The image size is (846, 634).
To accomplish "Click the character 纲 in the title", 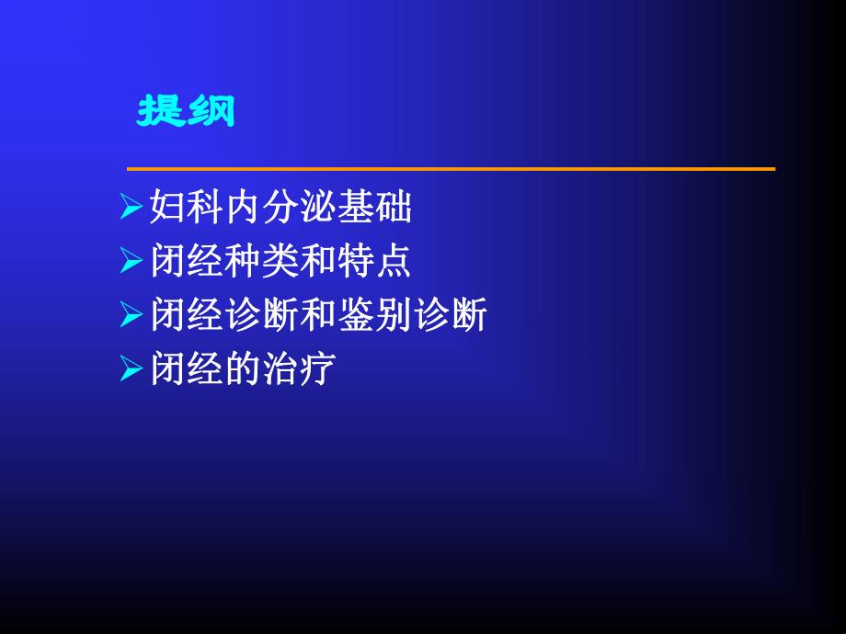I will (x=211, y=111).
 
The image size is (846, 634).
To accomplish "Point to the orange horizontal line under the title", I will (x=451, y=169).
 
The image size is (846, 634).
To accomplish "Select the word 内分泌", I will (x=280, y=209).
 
